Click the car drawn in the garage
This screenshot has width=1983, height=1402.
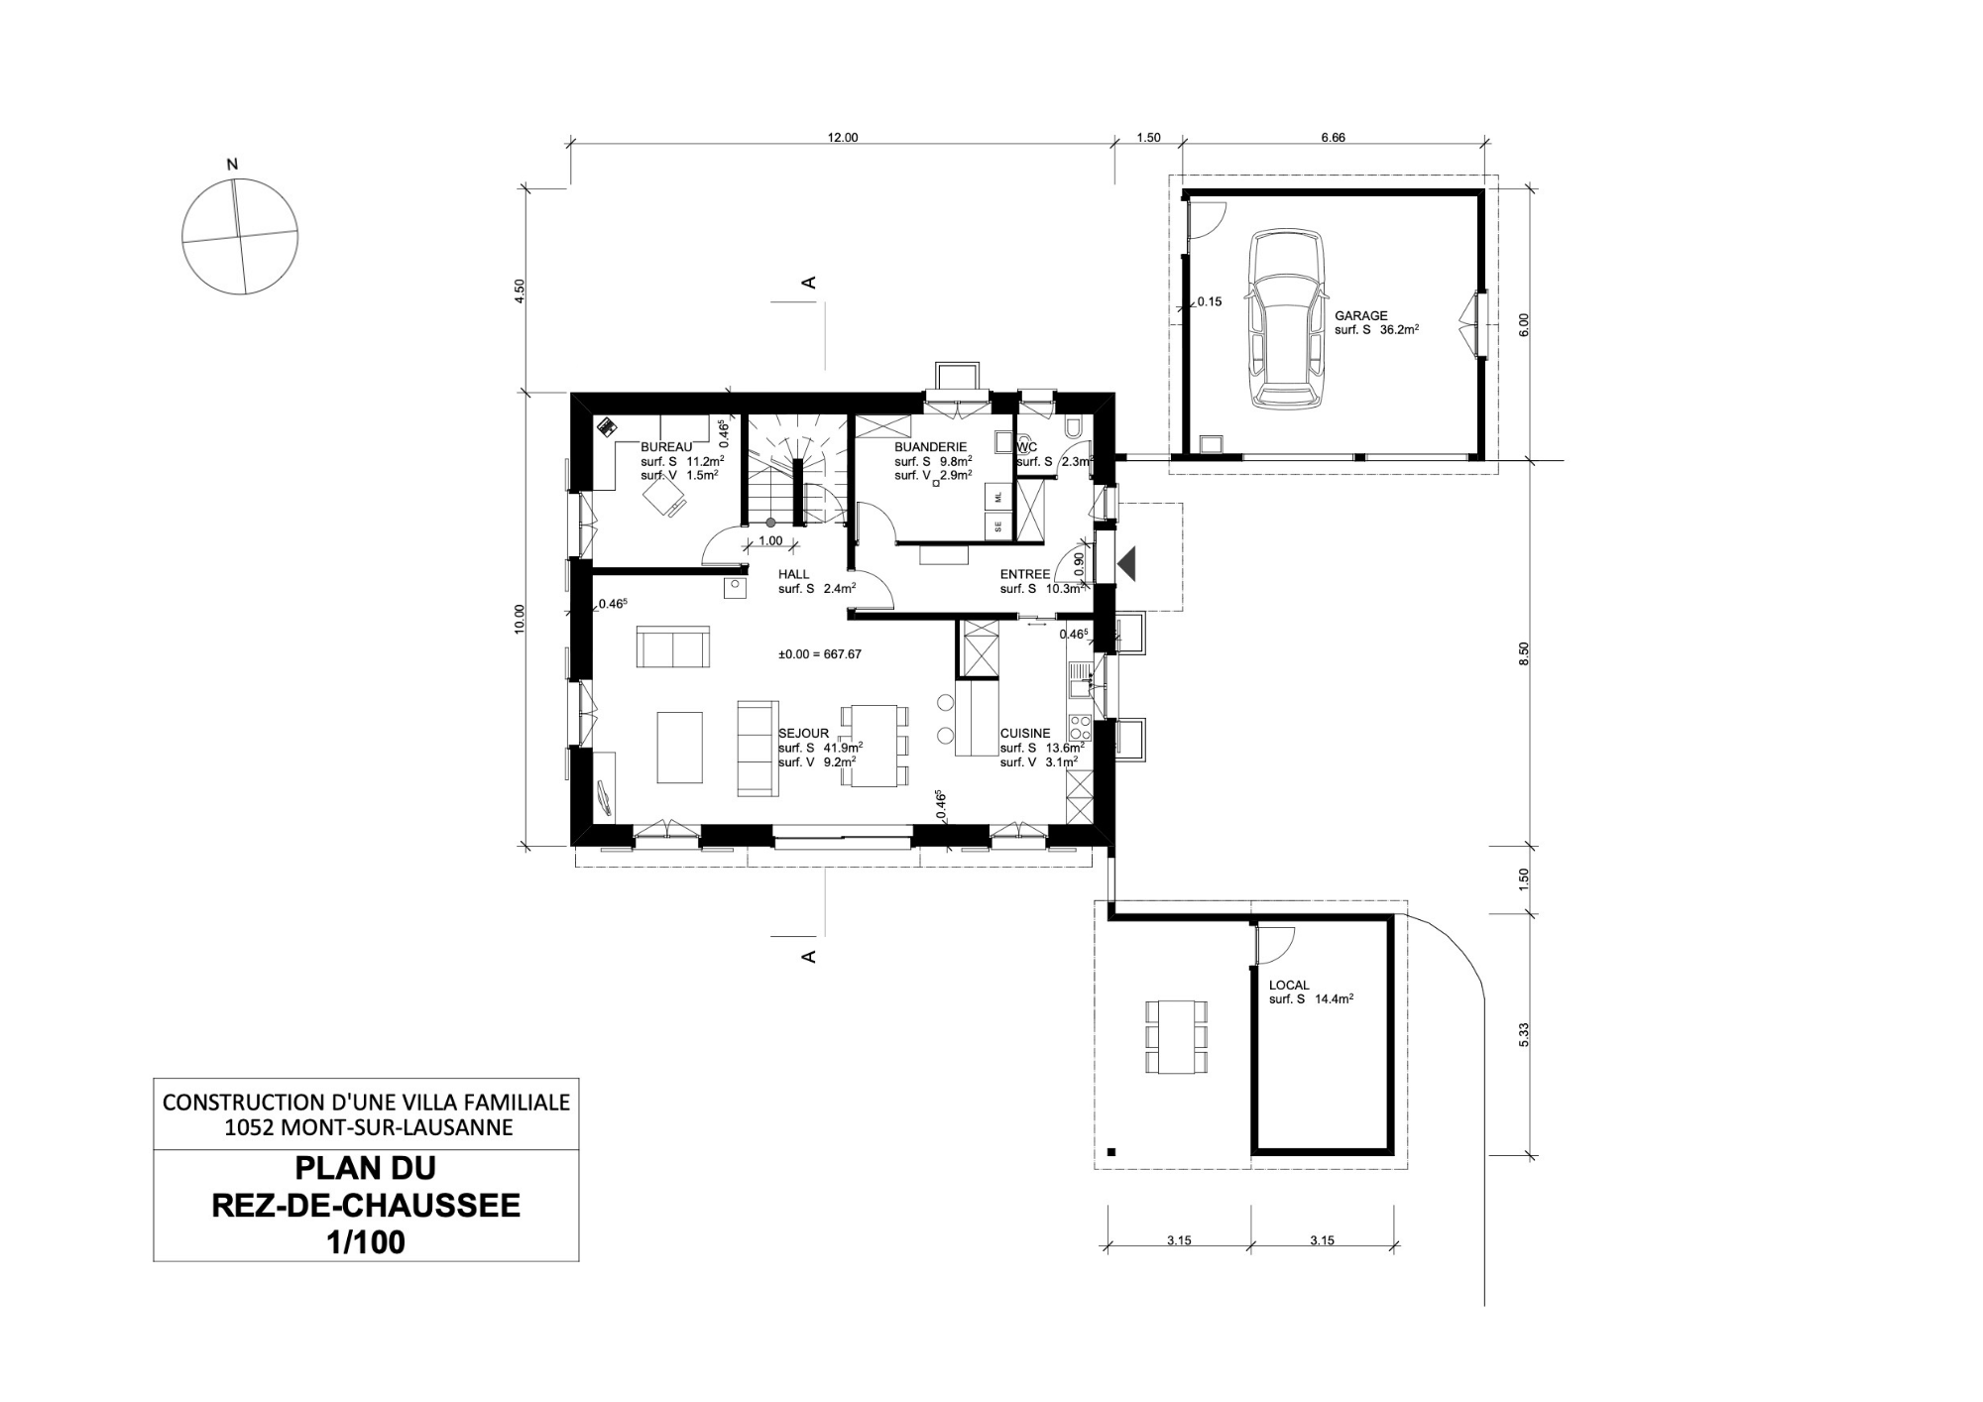[1287, 319]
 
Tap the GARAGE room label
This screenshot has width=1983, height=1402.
[1361, 316]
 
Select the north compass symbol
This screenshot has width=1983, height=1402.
[239, 236]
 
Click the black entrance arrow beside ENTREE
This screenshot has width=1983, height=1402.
[1127, 564]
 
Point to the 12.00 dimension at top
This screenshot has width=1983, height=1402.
[843, 138]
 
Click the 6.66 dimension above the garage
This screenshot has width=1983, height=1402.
[1334, 138]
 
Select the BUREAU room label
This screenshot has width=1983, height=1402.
[666, 447]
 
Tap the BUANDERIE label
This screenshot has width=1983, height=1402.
[930, 447]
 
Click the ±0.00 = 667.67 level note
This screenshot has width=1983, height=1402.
[820, 654]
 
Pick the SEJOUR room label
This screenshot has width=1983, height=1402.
[803, 734]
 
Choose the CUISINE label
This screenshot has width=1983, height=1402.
[1025, 734]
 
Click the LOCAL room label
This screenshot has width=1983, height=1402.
[1289, 986]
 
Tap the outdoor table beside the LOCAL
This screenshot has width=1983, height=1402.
[1177, 1037]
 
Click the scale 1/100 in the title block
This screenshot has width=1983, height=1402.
[366, 1242]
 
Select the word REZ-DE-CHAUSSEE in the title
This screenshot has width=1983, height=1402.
[366, 1206]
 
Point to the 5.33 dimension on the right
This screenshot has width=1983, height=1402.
[1524, 1034]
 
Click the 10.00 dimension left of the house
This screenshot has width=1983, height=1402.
[520, 619]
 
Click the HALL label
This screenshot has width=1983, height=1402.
[794, 574]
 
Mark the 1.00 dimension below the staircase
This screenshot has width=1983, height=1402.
[770, 541]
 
